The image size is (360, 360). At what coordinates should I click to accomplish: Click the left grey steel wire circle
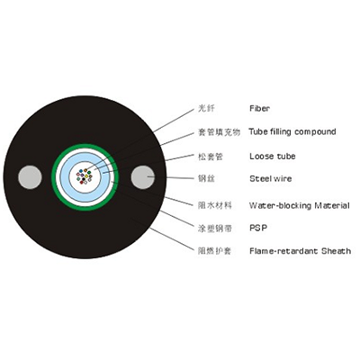[x=30, y=177]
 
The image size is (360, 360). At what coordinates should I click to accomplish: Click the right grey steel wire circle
[x=143, y=177]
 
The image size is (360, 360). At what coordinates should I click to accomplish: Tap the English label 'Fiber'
[x=259, y=108]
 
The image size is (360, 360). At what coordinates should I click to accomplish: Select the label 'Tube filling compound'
[x=292, y=131]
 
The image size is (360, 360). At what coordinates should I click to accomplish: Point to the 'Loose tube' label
[x=273, y=156]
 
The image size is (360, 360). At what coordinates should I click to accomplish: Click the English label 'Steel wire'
[x=271, y=179]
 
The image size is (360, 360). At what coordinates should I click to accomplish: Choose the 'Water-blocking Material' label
[x=300, y=205]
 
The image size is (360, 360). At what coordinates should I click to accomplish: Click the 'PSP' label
[x=258, y=228]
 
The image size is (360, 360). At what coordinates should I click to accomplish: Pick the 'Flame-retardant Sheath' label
[x=300, y=251]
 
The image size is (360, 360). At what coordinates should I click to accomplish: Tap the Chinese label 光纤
[x=206, y=108]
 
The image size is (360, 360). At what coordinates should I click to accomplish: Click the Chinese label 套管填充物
[x=219, y=132]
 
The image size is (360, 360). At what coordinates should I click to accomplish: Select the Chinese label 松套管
[x=211, y=157]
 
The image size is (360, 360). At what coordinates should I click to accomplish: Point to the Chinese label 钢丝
[x=206, y=179]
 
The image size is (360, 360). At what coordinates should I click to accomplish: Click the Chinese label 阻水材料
[x=215, y=205]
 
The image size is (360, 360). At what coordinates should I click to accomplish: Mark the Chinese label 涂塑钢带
[x=215, y=229]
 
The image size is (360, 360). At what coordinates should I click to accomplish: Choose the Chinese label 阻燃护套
[x=215, y=251]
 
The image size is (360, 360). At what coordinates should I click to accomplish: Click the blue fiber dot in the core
[x=81, y=171]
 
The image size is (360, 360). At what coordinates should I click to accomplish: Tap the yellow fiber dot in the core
[x=86, y=175]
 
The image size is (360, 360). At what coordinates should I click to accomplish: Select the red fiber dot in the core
[x=81, y=182]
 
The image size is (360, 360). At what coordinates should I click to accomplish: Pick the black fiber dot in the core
[x=84, y=179]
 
